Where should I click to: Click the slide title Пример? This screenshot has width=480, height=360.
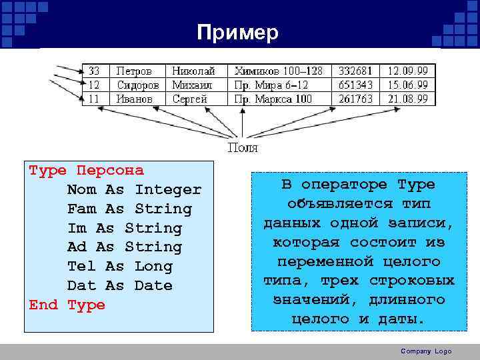(238, 33)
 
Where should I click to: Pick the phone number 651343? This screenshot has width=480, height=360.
(355, 85)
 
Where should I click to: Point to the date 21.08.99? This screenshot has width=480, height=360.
(408, 99)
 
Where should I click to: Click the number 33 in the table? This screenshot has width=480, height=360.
(94, 70)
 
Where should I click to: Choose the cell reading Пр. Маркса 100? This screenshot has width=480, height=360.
(273, 99)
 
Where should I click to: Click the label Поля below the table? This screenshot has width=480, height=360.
(243, 147)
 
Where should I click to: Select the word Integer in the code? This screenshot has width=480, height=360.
(167, 190)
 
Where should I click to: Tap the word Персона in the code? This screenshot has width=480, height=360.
(110, 171)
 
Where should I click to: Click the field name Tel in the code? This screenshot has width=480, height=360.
(81, 267)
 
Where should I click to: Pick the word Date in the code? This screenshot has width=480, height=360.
(153, 286)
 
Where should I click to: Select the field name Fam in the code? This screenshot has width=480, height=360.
(81, 209)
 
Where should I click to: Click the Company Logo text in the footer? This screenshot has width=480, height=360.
(426, 351)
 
